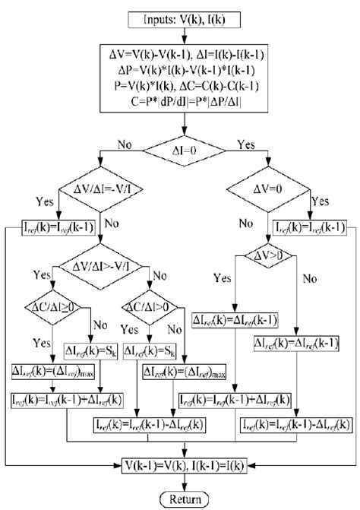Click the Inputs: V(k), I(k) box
point(179,17)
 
